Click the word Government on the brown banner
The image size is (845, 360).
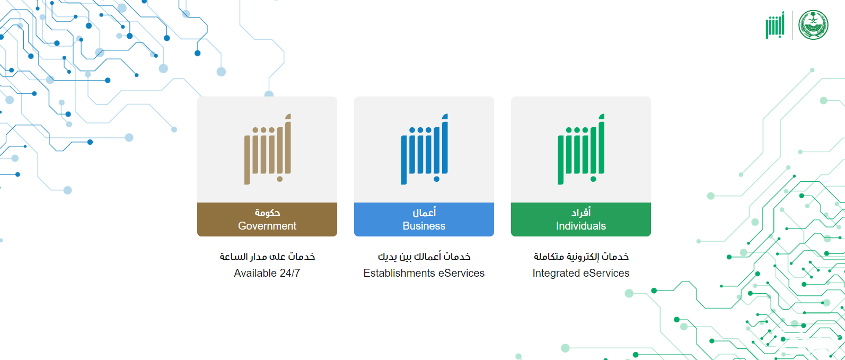coord(267,226)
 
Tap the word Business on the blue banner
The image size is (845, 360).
coord(424,226)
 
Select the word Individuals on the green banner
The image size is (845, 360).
coord(581,226)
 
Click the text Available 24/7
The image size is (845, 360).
coord(267,273)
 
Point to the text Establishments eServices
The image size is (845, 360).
coord(424,273)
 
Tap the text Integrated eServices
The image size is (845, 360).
coord(581,273)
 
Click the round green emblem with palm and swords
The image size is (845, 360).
coord(813,25)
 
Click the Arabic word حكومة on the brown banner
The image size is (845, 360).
coord(267,213)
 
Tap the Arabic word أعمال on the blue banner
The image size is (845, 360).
coord(424,213)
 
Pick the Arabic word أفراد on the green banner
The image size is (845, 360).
coord(581,213)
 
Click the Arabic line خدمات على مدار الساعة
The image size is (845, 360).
coord(267,257)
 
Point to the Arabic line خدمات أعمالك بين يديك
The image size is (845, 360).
coord(424,257)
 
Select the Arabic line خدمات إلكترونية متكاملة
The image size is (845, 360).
coord(581,257)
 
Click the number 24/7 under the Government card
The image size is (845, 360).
coord(290,273)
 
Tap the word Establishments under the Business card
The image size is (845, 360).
coord(399,273)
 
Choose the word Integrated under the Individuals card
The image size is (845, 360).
coord(556,273)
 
